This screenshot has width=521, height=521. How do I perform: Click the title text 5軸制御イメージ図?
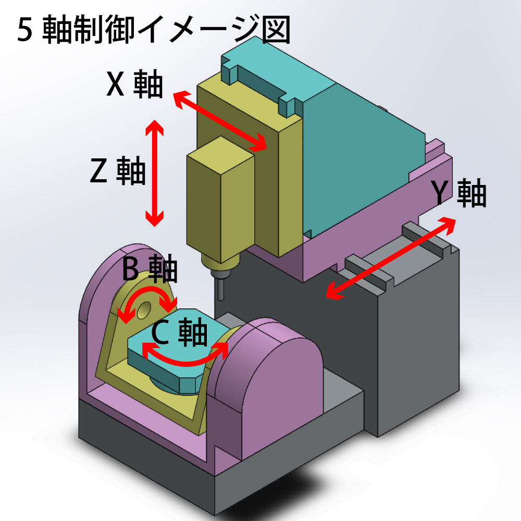pyautogui.click(x=154, y=31)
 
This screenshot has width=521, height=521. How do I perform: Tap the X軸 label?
pyautogui.click(x=134, y=84)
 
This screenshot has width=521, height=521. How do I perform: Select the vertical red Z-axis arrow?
pyautogui.click(x=154, y=172)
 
